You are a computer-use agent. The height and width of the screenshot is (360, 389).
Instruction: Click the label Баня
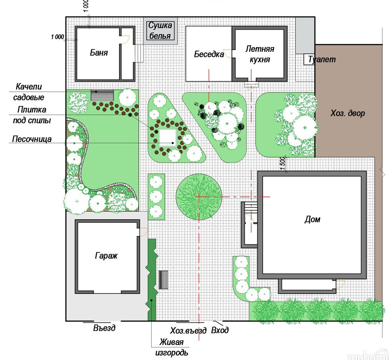99,53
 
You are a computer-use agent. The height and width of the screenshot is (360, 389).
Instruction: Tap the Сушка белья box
161,31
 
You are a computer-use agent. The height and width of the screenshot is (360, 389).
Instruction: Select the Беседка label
209,54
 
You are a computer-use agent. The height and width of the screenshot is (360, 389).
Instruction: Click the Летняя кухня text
260,54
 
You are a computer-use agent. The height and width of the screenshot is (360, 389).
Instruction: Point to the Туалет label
322,59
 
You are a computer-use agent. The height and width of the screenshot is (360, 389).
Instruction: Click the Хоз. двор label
348,113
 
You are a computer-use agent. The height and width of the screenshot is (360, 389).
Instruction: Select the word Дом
312,219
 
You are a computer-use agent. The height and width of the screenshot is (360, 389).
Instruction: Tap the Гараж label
106,256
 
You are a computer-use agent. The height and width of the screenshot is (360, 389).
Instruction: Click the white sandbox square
168,138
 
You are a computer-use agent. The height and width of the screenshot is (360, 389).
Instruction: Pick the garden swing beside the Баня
102,95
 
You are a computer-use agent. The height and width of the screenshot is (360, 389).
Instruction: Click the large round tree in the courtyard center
199,197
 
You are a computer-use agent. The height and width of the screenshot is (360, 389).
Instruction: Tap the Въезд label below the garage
104,328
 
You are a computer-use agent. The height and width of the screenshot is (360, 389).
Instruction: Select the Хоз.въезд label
188,330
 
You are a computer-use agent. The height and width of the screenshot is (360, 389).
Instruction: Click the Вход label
220,330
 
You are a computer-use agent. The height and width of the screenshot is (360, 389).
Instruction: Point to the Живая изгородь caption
172,347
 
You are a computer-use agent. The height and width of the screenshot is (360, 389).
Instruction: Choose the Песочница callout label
32,139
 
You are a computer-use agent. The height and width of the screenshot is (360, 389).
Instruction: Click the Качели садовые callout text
29,92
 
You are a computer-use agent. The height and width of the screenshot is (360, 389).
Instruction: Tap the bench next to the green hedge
163,280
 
